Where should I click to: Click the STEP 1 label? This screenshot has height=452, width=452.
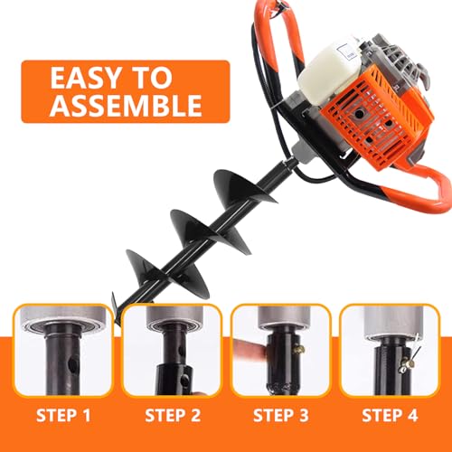click(62, 418)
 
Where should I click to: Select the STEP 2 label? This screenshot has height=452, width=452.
click(173, 418)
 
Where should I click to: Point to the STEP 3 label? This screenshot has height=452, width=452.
click(281, 418)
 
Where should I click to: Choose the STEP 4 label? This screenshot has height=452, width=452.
click(390, 418)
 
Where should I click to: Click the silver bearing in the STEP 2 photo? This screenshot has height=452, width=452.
click(172, 321)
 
